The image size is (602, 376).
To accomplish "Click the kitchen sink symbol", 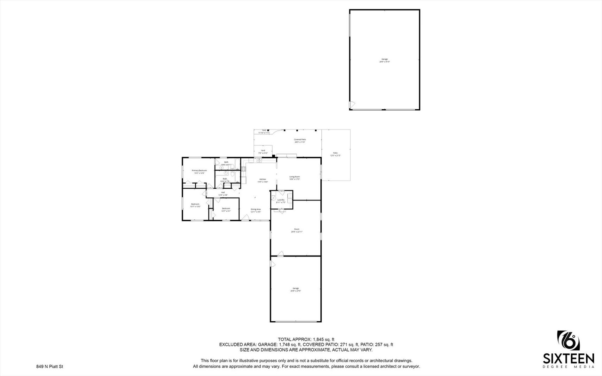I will coord(259,160).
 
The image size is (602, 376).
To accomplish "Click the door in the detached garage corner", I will coord(352,104).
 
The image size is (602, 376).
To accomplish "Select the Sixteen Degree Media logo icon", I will coord(569,343).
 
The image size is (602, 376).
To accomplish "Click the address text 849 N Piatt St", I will coord(49,367).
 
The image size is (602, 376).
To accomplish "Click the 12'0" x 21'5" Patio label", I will coord(335,154).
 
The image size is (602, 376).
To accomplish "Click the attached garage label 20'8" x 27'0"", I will coord(296,289).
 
